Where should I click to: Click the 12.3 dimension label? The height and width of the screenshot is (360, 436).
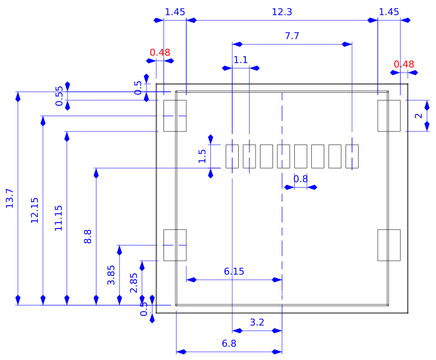pyautogui.click(x=282, y=11)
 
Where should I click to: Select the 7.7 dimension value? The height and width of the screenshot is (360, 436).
pyautogui.click(x=292, y=36)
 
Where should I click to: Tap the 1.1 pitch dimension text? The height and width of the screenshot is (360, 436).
pyautogui.click(x=240, y=59)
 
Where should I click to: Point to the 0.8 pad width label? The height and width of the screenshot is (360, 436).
pyautogui.click(x=300, y=179)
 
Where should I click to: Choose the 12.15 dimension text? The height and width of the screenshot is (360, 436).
pyautogui.click(x=34, y=210)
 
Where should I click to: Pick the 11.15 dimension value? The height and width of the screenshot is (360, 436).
pyautogui.click(x=58, y=218)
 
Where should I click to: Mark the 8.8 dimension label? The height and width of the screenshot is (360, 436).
pyautogui.click(x=88, y=236)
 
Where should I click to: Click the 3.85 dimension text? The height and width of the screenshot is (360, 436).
pyautogui.click(x=111, y=275)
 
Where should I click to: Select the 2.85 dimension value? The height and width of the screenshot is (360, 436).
pyautogui.click(x=134, y=283)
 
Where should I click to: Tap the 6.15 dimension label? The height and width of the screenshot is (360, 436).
pyautogui.click(x=234, y=271)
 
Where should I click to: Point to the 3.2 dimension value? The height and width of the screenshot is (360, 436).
pyautogui.click(x=257, y=322)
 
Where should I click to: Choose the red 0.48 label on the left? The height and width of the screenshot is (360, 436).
pyautogui.click(x=160, y=52)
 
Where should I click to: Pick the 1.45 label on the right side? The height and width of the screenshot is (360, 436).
pyautogui.click(x=389, y=11)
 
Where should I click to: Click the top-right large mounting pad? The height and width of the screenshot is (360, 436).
pyautogui.click(x=389, y=116)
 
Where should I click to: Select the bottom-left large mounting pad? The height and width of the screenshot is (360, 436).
pyautogui.click(x=175, y=245)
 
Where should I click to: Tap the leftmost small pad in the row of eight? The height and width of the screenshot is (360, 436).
pyautogui.click(x=232, y=157)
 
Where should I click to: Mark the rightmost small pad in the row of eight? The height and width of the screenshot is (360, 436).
pyautogui.click(x=352, y=157)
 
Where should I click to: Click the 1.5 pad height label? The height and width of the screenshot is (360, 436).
pyautogui.click(x=202, y=157)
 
